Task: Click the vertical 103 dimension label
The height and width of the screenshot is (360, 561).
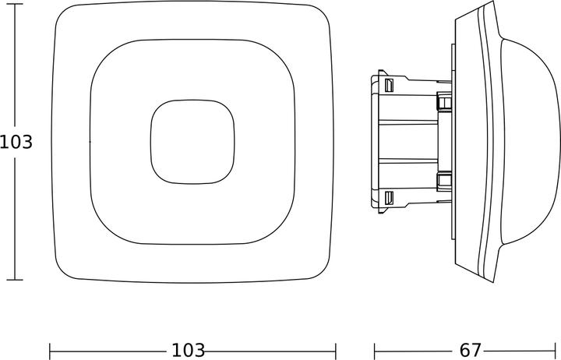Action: point(16,142)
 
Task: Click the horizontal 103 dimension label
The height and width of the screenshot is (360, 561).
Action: point(189,351)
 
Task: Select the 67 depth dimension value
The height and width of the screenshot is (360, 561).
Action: point(470,351)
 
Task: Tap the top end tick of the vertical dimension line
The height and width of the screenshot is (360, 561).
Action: point(15,4)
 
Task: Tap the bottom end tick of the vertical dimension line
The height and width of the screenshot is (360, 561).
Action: point(15,280)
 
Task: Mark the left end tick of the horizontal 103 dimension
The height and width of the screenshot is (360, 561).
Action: point(50,351)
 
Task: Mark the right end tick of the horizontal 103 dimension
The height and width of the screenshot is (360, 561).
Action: point(336,351)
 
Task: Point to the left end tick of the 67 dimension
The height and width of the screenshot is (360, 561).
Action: point(375,351)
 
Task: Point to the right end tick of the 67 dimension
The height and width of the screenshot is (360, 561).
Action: point(555,351)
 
